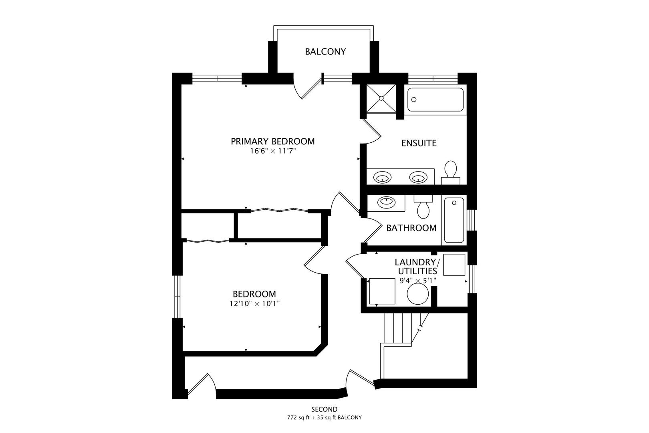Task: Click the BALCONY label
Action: tap(325, 52)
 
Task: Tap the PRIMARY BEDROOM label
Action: tap(272, 142)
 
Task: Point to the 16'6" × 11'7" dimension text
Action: tap(272, 151)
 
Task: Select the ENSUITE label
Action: tap(419, 143)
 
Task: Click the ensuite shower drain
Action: tap(381, 97)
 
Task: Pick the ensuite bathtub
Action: tap(435, 100)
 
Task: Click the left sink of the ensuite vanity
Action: tap(382, 177)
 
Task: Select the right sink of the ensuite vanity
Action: tap(418, 177)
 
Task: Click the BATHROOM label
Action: tap(411, 228)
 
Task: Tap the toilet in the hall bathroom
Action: tap(423, 207)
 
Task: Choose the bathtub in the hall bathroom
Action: tap(454, 221)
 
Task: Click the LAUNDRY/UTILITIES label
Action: tap(417, 267)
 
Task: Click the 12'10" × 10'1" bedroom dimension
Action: tap(254, 304)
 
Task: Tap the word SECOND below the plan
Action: tap(324, 409)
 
